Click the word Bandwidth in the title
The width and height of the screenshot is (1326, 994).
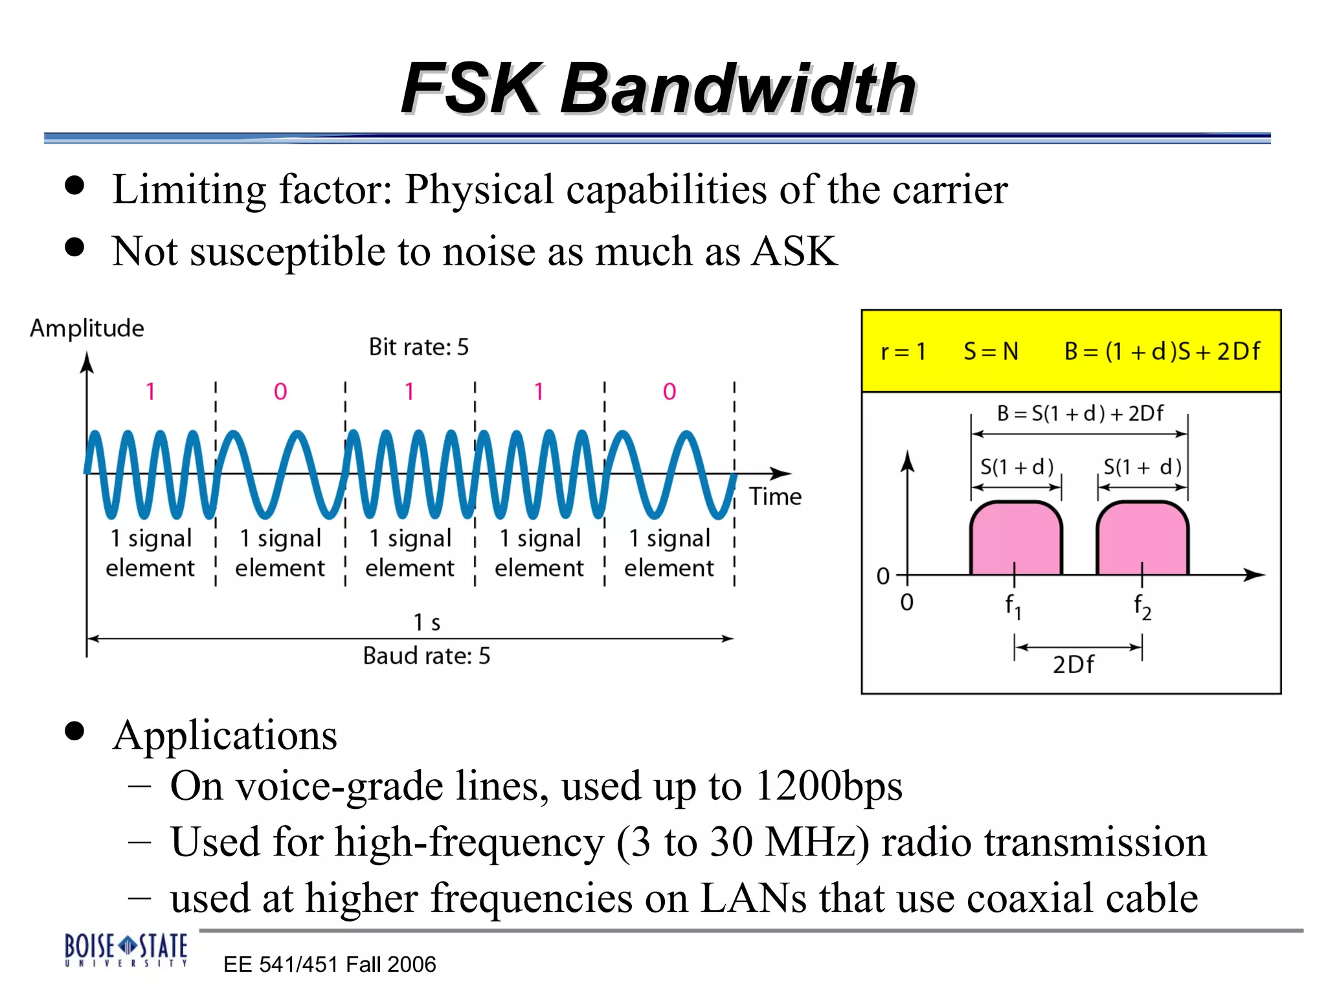pos(738,89)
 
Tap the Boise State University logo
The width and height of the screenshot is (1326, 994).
pos(126,949)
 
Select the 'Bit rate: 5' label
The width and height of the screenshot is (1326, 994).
pos(418,348)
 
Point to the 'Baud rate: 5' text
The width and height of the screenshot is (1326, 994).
pos(426,656)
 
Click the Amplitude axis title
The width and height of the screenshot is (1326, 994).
pos(87,328)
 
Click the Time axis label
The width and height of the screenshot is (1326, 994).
pos(775,496)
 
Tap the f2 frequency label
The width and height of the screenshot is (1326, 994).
pos(1142,606)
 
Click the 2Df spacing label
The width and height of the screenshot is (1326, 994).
pos(1073,665)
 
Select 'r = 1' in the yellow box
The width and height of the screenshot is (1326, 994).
pos(903,351)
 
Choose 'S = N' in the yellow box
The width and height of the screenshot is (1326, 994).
pos(991,351)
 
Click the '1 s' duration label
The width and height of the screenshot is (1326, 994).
pos(427,623)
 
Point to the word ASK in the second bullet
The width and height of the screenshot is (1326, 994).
pos(794,251)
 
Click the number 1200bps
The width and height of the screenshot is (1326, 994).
pos(829,786)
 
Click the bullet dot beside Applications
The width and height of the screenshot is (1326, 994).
pos(75,731)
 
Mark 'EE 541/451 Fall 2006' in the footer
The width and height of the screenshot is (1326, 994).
pos(330,964)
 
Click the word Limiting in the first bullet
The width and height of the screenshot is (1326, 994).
pos(188,190)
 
